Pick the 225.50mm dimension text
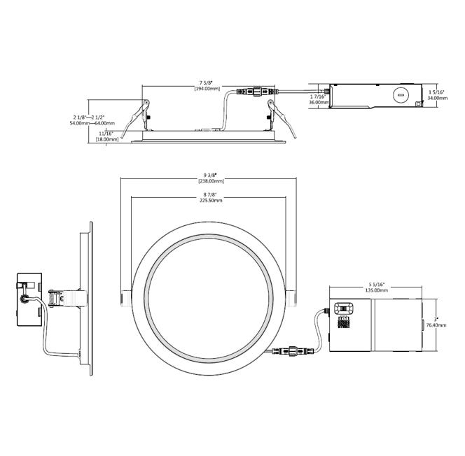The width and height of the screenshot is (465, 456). [209, 200]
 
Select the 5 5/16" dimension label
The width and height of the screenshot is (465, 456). [376, 284]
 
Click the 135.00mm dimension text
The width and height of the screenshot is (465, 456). [376, 290]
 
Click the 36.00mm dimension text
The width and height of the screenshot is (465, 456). [319, 102]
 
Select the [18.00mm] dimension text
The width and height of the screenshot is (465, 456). [106, 140]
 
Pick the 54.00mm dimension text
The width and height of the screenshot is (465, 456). [80, 123]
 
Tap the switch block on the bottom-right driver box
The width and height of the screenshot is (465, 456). [345, 309]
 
